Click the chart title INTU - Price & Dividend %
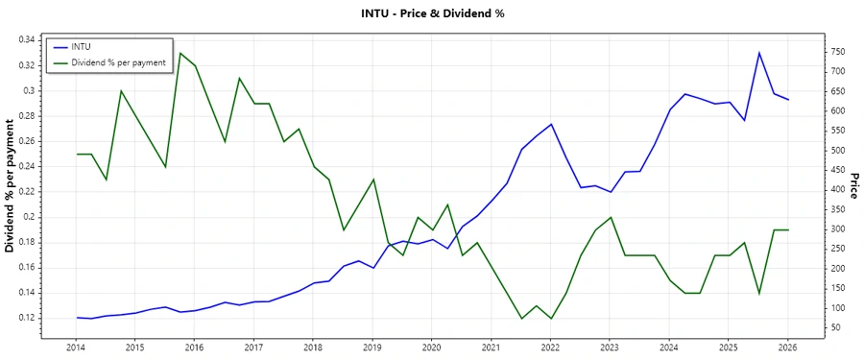(432, 13)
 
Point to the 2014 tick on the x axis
(76, 346)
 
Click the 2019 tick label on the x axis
(372, 346)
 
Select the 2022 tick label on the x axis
(550, 346)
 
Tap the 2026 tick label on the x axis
(788, 346)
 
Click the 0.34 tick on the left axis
(27, 40)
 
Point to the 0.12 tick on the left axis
(27, 318)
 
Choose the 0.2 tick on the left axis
(30, 217)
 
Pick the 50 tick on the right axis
(835, 327)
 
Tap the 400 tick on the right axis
(838, 190)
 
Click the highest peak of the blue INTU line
(759, 53)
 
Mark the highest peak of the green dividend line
(180, 53)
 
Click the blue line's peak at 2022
(551, 124)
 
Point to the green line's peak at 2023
(611, 217)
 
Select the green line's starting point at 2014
(77, 154)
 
